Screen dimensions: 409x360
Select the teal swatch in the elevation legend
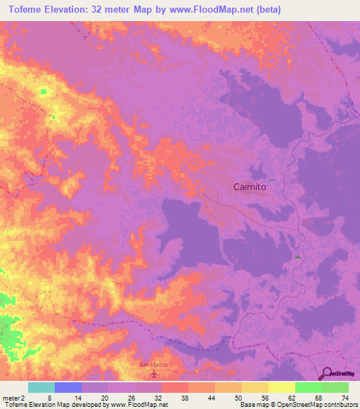41,387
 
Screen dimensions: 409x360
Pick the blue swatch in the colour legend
67,387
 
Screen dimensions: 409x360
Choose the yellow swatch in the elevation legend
281,387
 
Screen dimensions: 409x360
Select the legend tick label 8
49,398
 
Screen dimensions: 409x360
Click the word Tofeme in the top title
27,9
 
